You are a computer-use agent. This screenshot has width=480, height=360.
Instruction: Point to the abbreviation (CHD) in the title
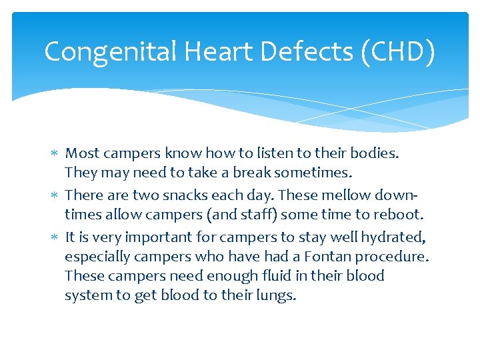pyautogui.click(x=397, y=52)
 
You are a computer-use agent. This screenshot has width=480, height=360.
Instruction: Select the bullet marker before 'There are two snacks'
pyautogui.click(x=56, y=196)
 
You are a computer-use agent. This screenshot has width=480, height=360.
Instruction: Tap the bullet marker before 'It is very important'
pyautogui.click(x=56, y=237)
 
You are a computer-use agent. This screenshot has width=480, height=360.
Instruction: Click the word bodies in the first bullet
pyautogui.click(x=375, y=153)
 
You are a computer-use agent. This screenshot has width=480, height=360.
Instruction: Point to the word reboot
pyautogui.click(x=401, y=214)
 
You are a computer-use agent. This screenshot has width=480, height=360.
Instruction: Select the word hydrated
pyautogui.click(x=394, y=237)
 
